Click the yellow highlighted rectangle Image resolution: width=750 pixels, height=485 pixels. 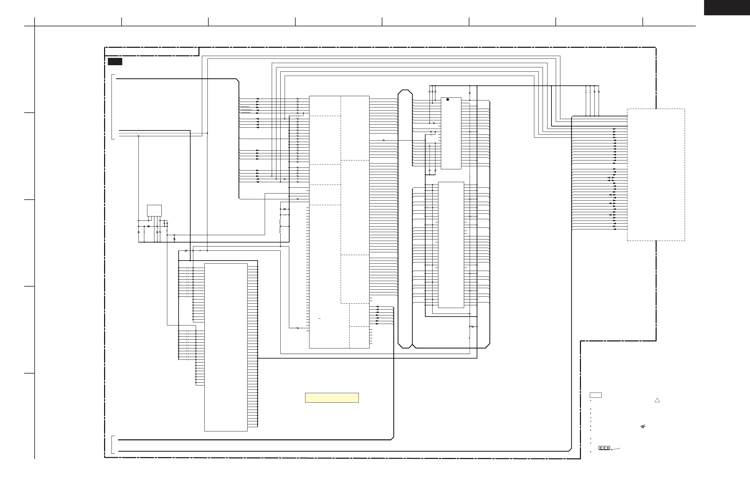pyautogui.click(x=332, y=397)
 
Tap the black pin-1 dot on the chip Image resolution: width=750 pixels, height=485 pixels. pyautogui.click(x=448, y=100)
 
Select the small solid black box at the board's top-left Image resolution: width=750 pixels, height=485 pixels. pyautogui.click(x=115, y=62)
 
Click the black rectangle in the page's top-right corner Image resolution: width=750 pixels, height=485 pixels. pyautogui.click(x=727, y=7)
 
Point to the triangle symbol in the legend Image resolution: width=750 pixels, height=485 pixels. pyautogui.click(x=657, y=400)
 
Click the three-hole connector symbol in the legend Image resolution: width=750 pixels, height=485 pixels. pyautogui.click(x=604, y=448)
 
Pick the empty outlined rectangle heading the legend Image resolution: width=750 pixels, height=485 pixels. pyautogui.click(x=596, y=395)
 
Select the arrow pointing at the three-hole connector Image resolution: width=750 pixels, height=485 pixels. pyautogui.click(x=616, y=449)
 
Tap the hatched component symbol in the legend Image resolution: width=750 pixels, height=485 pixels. pyautogui.click(x=643, y=427)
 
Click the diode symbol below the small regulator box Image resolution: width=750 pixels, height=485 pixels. pyautogui.click(x=148, y=226)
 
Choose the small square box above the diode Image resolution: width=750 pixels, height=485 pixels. pyautogui.click(x=154, y=210)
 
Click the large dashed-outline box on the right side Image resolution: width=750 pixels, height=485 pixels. pyautogui.click(x=656, y=175)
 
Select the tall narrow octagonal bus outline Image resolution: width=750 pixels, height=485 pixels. pyautogui.click(x=405, y=219)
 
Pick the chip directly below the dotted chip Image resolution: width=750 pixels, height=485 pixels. pyautogui.click(x=451, y=245)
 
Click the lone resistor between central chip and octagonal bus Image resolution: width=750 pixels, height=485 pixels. pyautogui.click(x=384, y=141)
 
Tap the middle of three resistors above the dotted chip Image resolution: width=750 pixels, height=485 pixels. pyautogui.click(x=432, y=92)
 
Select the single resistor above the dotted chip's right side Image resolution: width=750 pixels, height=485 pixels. pyautogui.click(x=470, y=93)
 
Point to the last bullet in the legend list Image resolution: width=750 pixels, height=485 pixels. pyautogui.click(x=591, y=452)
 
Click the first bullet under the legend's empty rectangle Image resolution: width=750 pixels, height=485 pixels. pyautogui.click(x=591, y=400)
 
